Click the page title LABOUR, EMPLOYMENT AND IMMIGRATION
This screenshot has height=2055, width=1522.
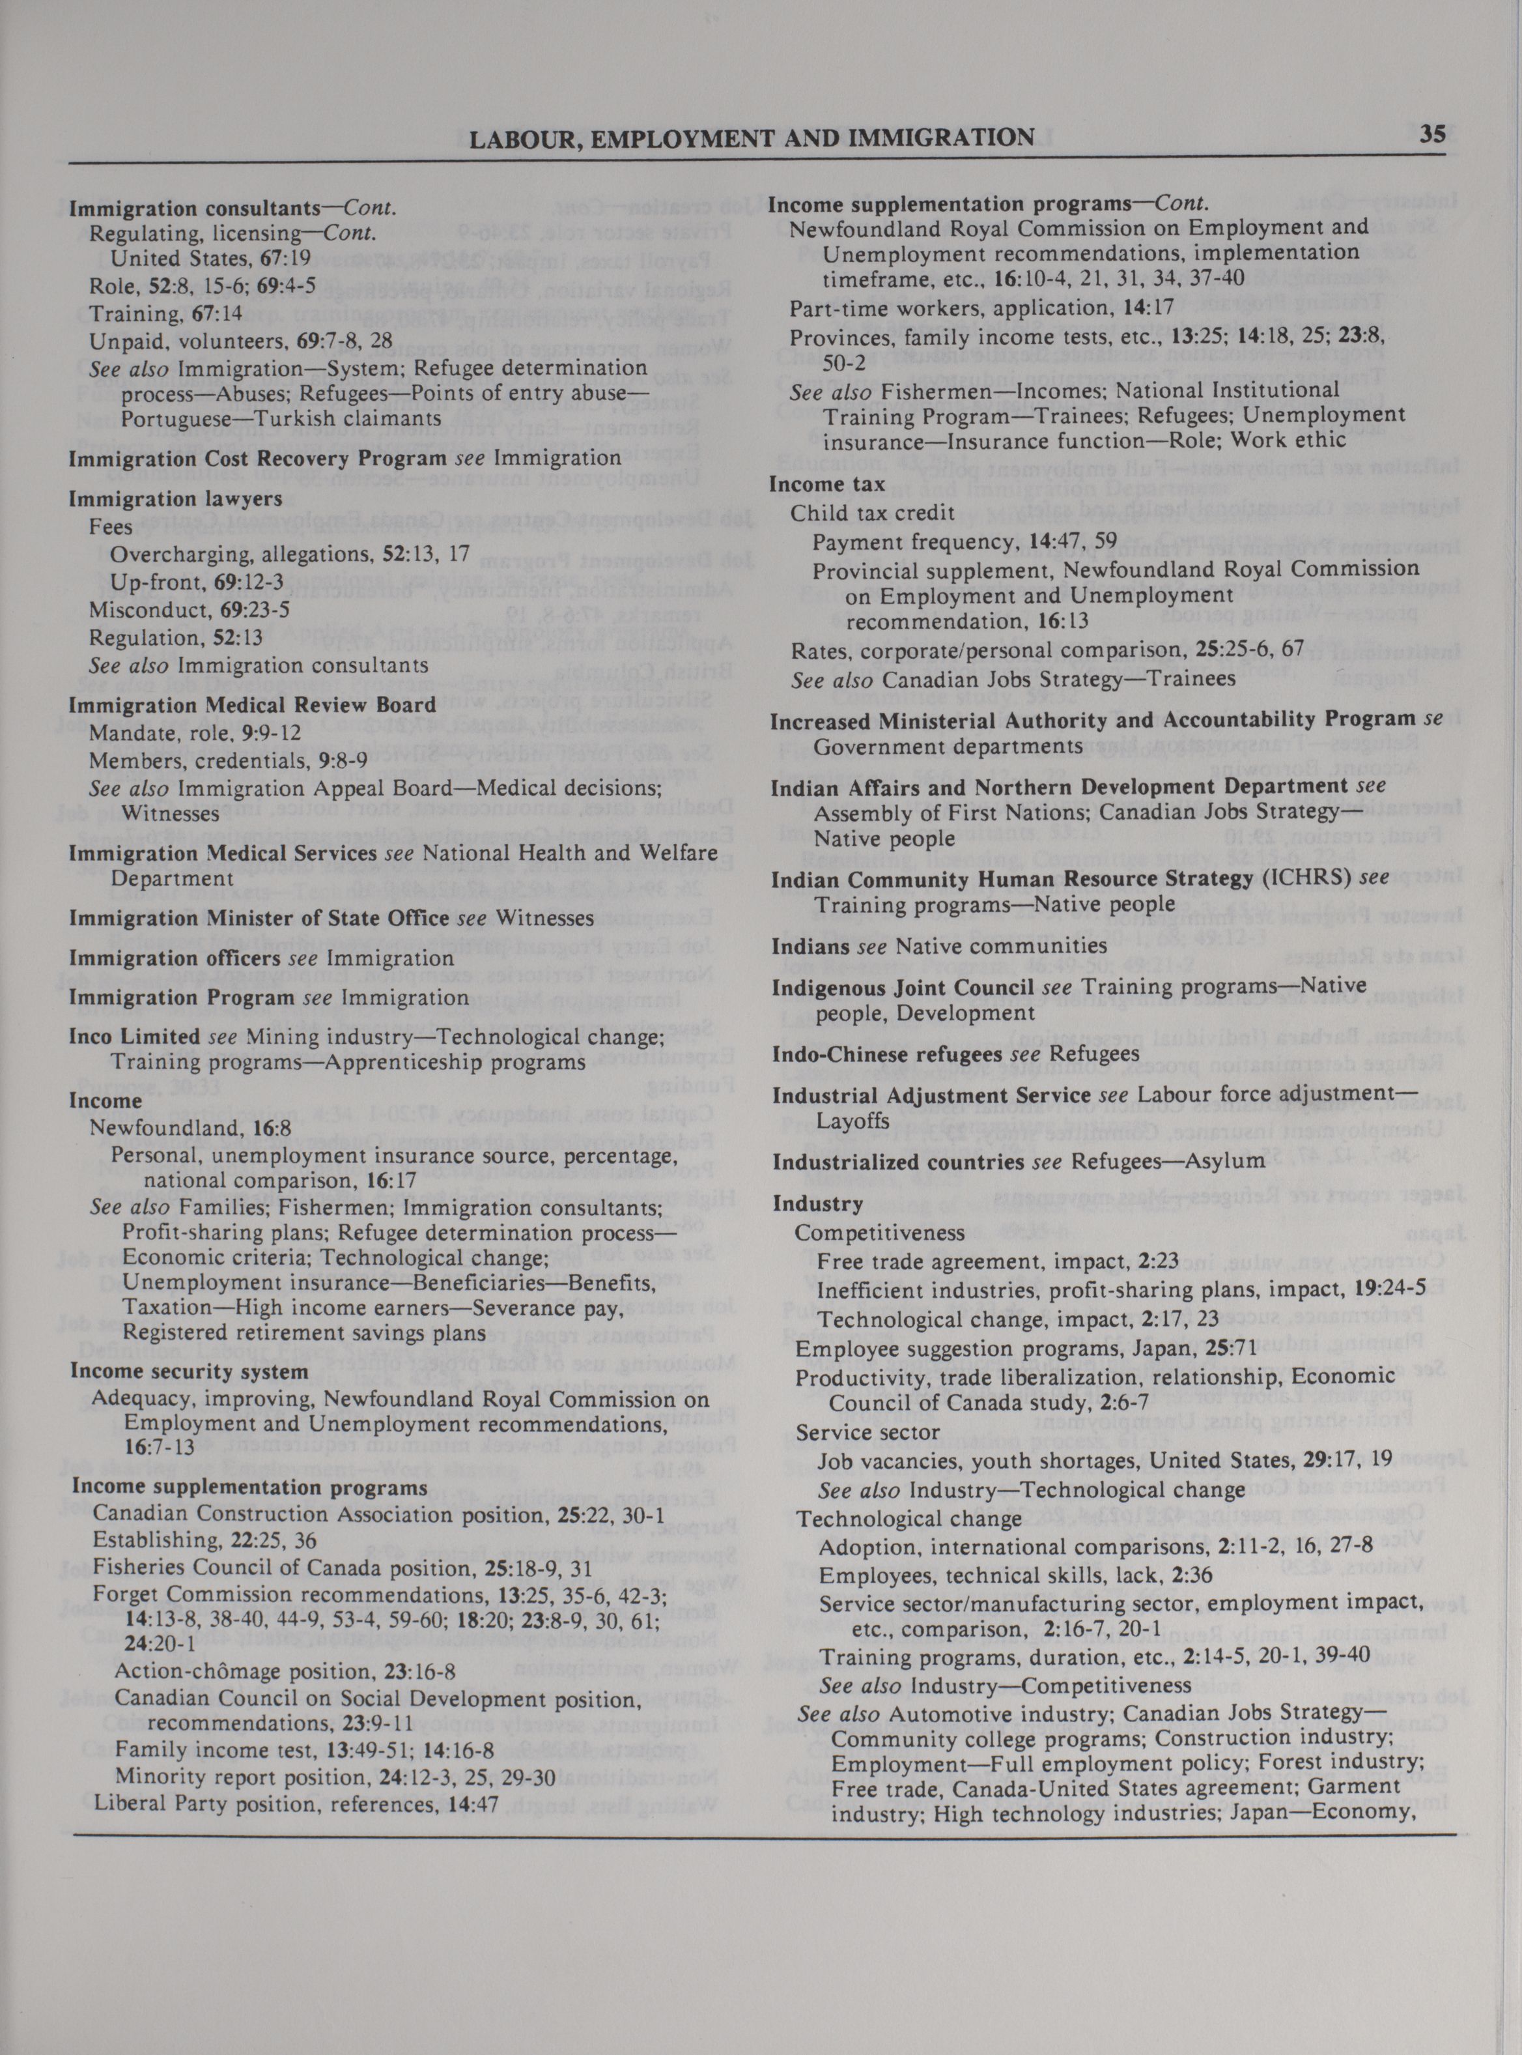point(751,138)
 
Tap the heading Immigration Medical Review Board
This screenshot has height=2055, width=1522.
point(253,705)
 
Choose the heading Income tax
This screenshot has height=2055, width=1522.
point(826,484)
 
